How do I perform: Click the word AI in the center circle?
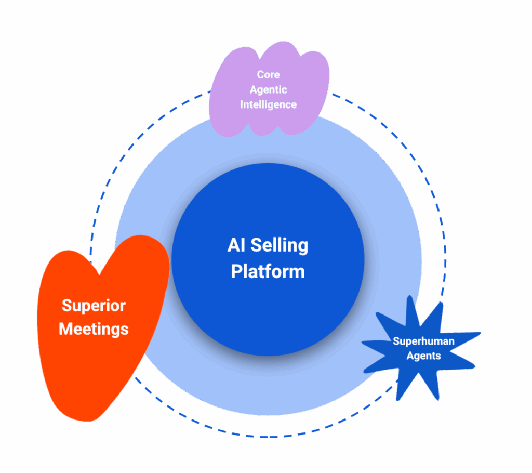click(x=236, y=245)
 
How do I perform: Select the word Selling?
click(x=280, y=245)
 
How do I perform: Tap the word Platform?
click(x=268, y=271)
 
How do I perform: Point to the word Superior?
click(x=94, y=305)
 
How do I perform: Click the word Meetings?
click(x=94, y=329)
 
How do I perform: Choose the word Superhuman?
click(x=423, y=341)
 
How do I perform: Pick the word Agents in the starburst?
click(x=423, y=356)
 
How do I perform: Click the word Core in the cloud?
click(x=269, y=75)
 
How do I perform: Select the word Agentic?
click(x=268, y=89)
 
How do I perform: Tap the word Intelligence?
click(x=268, y=104)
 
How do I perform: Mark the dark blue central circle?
click(x=268, y=312)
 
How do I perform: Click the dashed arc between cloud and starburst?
click(x=410, y=161)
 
